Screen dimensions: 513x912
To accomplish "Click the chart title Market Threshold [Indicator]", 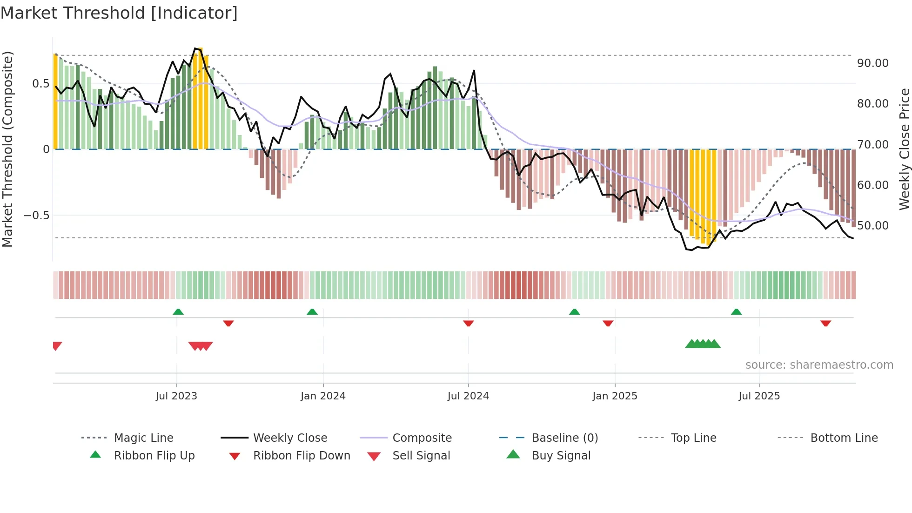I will click(119, 13).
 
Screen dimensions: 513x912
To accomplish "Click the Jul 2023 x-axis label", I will click(176, 396).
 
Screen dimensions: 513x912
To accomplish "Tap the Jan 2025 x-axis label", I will click(615, 396).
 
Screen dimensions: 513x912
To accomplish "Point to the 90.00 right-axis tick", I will click(872, 63).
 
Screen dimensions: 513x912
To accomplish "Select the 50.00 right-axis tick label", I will click(872, 226).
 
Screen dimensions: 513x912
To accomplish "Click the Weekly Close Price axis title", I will click(904, 149).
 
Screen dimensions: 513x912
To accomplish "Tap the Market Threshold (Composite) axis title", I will click(7, 149).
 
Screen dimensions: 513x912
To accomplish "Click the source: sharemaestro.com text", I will click(819, 365).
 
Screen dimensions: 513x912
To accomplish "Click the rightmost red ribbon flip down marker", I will click(826, 323).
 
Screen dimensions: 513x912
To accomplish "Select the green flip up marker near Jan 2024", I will click(312, 312).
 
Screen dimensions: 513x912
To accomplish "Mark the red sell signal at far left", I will click(57, 346).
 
